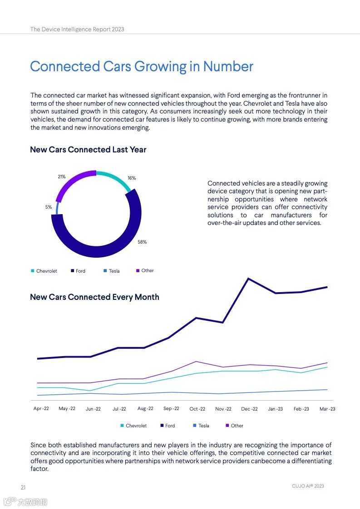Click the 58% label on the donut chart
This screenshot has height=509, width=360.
pos(142,242)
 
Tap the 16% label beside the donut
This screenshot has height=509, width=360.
pos(132,178)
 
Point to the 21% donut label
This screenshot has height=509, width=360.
pos(62,176)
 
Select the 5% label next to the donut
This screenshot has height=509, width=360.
pos(49,207)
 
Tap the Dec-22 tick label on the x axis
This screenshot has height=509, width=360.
pos(249,409)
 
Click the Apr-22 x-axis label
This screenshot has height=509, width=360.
pos(41,409)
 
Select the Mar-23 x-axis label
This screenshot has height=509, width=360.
pos(327,409)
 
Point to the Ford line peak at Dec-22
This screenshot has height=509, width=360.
pos(248,279)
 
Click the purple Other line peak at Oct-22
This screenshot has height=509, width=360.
pos(196,362)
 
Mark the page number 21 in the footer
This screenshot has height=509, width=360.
pos(23,487)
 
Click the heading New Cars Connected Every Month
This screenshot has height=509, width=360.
pos(94,297)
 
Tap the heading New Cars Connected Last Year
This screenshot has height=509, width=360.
pos(88,150)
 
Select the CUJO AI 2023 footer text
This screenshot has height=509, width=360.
pos(308,486)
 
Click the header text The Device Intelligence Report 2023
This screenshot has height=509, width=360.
pos(77,29)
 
